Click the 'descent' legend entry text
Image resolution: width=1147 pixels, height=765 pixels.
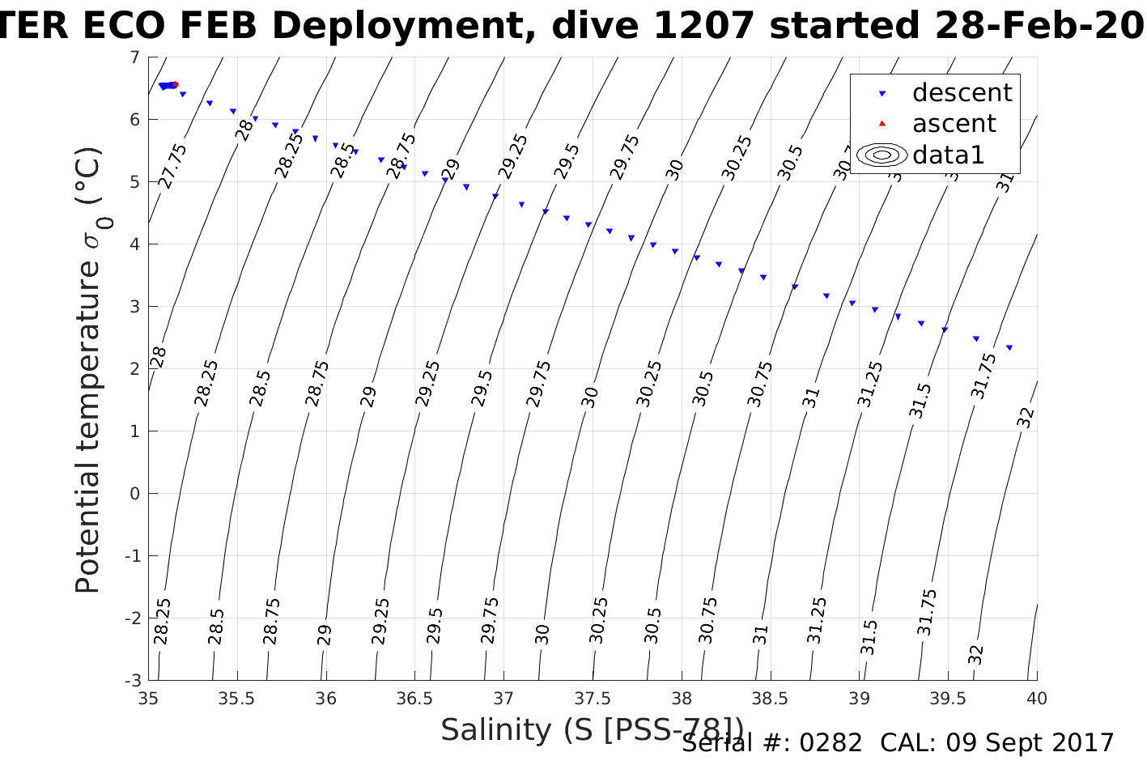click(x=962, y=93)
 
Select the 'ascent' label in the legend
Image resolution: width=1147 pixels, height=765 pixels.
click(x=954, y=124)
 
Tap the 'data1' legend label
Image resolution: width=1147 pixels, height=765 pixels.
click(x=948, y=155)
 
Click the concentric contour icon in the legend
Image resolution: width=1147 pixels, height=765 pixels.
click(x=882, y=155)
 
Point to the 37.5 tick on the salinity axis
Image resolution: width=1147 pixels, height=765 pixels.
click(x=593, y=698)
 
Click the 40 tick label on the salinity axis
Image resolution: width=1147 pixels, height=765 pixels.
click(x=1036, y=698)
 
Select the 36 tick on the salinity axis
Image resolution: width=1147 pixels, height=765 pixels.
click(x=326, y=698)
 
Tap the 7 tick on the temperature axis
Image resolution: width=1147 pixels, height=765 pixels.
click(x=134, y=57)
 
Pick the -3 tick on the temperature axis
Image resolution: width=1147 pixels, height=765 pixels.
click(x=131, y=680)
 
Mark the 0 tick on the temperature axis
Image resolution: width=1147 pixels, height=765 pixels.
click(x=134, y=494)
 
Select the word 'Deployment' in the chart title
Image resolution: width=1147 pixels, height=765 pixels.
click(x=405, y=27)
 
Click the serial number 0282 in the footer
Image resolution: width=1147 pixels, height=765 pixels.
click(x=831, y=743)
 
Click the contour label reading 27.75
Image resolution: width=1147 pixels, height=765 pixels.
click(x=173, y=166)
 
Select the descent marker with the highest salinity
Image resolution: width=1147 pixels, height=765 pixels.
click(x=1009, y=347)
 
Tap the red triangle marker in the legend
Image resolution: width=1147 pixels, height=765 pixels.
click(x=882, y=124)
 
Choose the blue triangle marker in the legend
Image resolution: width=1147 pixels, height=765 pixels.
click(x=882, y=94)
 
